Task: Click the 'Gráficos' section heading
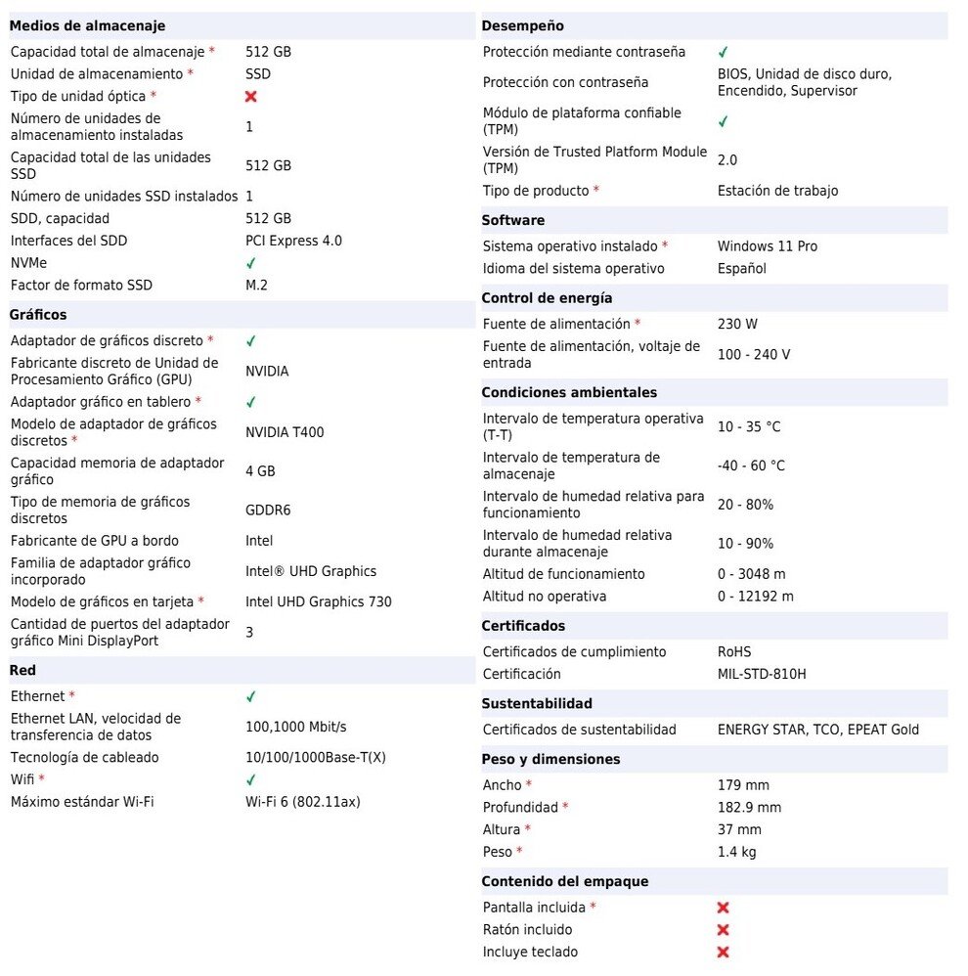pos(38,315)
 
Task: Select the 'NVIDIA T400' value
pos(285,432)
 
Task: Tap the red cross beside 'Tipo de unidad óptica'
pos(251,97)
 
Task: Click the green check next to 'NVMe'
pos(251,263)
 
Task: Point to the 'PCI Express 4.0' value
pos(293,241)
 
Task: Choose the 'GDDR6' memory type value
pos(268,510)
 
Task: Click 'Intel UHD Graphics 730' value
pos(319,602)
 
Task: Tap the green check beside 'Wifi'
pos(251,779)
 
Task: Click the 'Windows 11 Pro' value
pos(768,246)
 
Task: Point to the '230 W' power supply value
pos(737,324)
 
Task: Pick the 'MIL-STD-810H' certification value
pos(762,674)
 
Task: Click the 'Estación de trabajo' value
pos(777,191)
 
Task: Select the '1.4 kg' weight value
pos(737,852)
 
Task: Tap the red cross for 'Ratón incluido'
pos(724,930)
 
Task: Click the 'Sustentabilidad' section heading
pos(537,703)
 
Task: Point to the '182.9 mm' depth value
pos(749,807)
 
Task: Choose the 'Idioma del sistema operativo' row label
pos(573,269)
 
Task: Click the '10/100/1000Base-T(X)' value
pos(316,757)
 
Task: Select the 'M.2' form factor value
pos(256,286)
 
